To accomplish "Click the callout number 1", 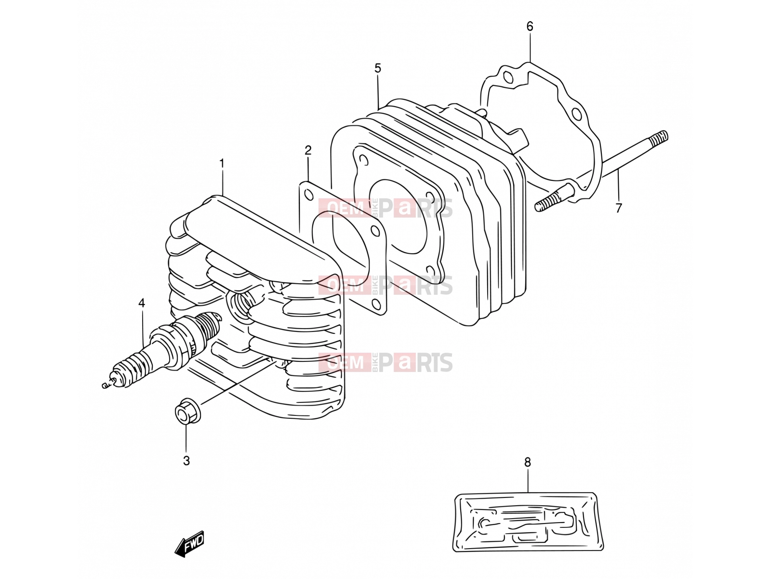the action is tap(222, 164).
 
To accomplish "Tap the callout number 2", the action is tap(308, 151).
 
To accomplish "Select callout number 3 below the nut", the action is tap(186, 460).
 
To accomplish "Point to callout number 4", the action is tap(142, 303).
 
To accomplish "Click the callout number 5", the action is tap(378, 68).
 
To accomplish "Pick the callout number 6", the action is tap(530, 26).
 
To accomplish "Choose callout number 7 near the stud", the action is tap(619, 208).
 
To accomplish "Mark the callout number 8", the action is tap(528, 462).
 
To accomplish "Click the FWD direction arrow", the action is tap(190, 544).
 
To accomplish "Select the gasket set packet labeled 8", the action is tap(528, 522).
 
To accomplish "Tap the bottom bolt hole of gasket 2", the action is tap(376, 304).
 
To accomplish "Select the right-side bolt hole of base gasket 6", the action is tap(576, 114).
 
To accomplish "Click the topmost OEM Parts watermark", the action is tap(385, 208).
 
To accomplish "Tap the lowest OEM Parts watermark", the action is tap(385, 362).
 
